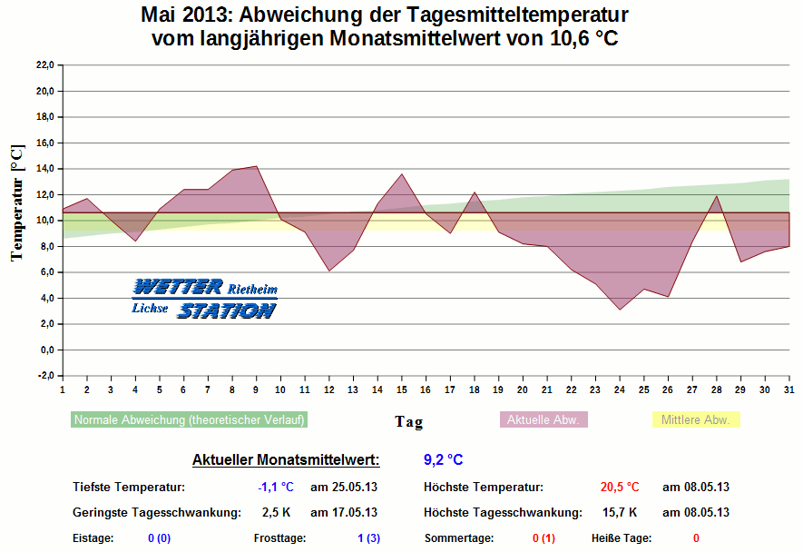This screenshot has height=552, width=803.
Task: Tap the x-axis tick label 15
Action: coord(401,390)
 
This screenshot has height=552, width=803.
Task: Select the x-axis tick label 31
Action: coord(788,390)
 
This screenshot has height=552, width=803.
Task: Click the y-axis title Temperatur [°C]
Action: coord(17,202)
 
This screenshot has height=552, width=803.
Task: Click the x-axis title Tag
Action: coord(408,421)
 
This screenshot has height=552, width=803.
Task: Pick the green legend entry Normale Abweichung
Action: coord(190,420)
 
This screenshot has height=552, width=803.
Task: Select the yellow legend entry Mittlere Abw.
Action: coord(696,420)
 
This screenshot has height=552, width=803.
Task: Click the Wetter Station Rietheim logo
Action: coord(204,299)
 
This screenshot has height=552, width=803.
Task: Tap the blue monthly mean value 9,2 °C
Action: coord(444,459)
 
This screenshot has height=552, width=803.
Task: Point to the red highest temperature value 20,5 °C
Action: coord(620,488)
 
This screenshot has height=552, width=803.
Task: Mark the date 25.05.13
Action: coord(344,488)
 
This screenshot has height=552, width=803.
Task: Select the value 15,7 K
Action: coord(620,512)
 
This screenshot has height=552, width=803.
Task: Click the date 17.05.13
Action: coord(344,512)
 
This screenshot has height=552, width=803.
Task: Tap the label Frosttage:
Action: coord(279,538)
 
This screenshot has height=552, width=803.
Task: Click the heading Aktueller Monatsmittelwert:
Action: coord(286,459)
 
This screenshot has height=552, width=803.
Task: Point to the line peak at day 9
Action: coord(256,166)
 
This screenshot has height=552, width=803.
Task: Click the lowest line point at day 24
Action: coord(620,310)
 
